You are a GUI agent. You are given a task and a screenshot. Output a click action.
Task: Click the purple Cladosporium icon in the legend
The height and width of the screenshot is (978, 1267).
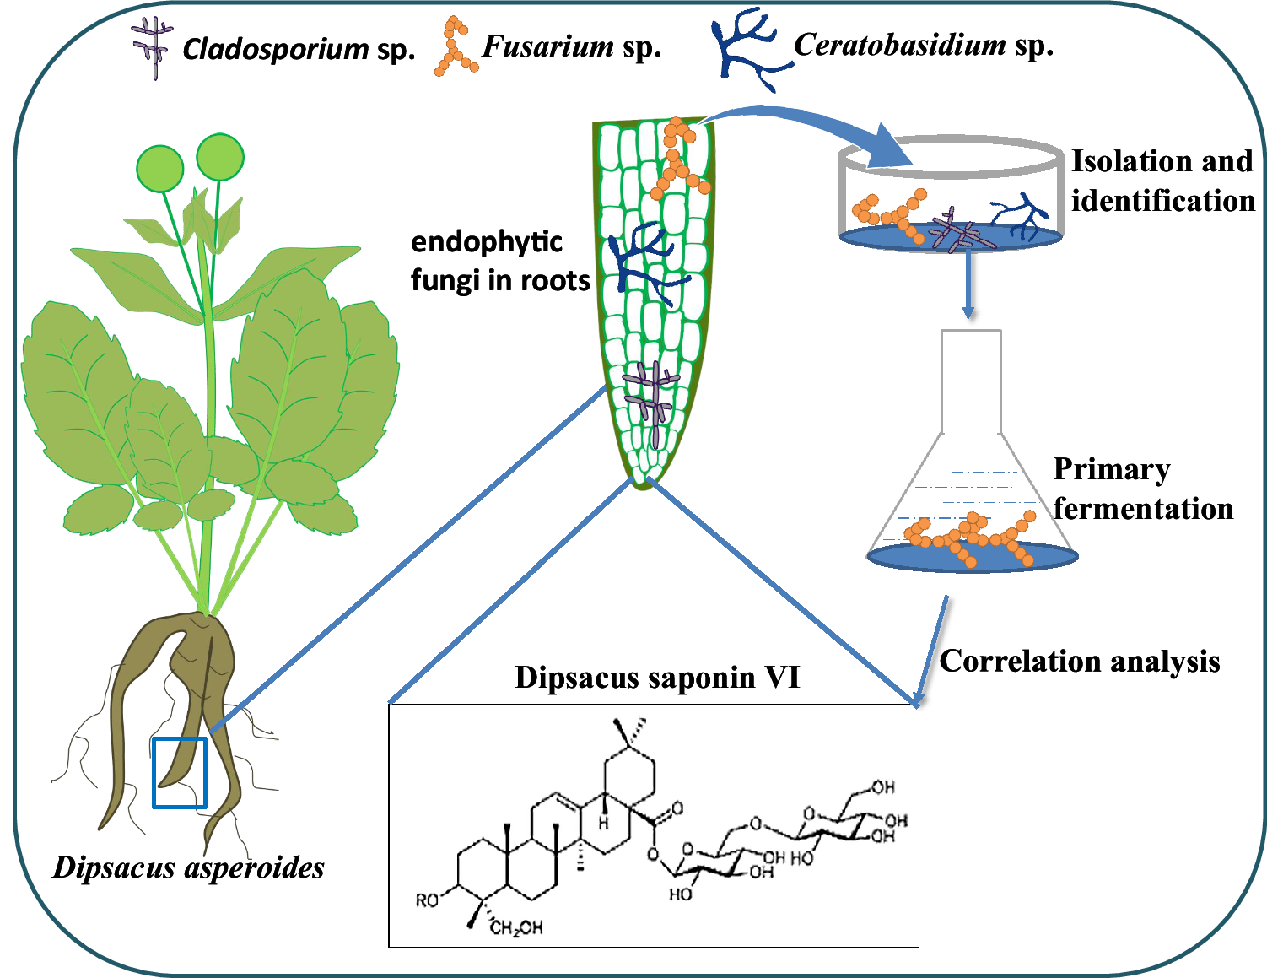[153, 49]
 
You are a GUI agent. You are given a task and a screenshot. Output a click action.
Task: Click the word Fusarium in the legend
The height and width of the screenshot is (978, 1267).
[547, 46]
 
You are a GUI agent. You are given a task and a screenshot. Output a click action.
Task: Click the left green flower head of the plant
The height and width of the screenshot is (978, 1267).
[160, 168]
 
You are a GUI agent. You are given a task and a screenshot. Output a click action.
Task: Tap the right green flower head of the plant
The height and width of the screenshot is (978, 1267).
[220, 157]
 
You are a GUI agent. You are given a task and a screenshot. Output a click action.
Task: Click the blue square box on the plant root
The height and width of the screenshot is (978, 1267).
[180, 772]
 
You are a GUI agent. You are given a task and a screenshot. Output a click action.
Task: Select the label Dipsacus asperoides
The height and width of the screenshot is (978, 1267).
[188, 867]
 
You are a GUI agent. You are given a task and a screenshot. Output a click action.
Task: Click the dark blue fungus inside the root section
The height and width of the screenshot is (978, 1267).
[645, 263]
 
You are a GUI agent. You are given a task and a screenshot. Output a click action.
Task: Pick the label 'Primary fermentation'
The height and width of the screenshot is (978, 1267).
[1142, 489]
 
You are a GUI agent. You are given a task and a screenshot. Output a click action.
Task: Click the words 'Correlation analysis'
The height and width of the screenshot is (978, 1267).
[1080, 661]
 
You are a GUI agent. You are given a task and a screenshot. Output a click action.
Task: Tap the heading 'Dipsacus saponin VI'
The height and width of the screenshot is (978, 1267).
[657, 677]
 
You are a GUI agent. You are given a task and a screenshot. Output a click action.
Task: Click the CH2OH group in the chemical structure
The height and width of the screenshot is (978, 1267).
[516, 928]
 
